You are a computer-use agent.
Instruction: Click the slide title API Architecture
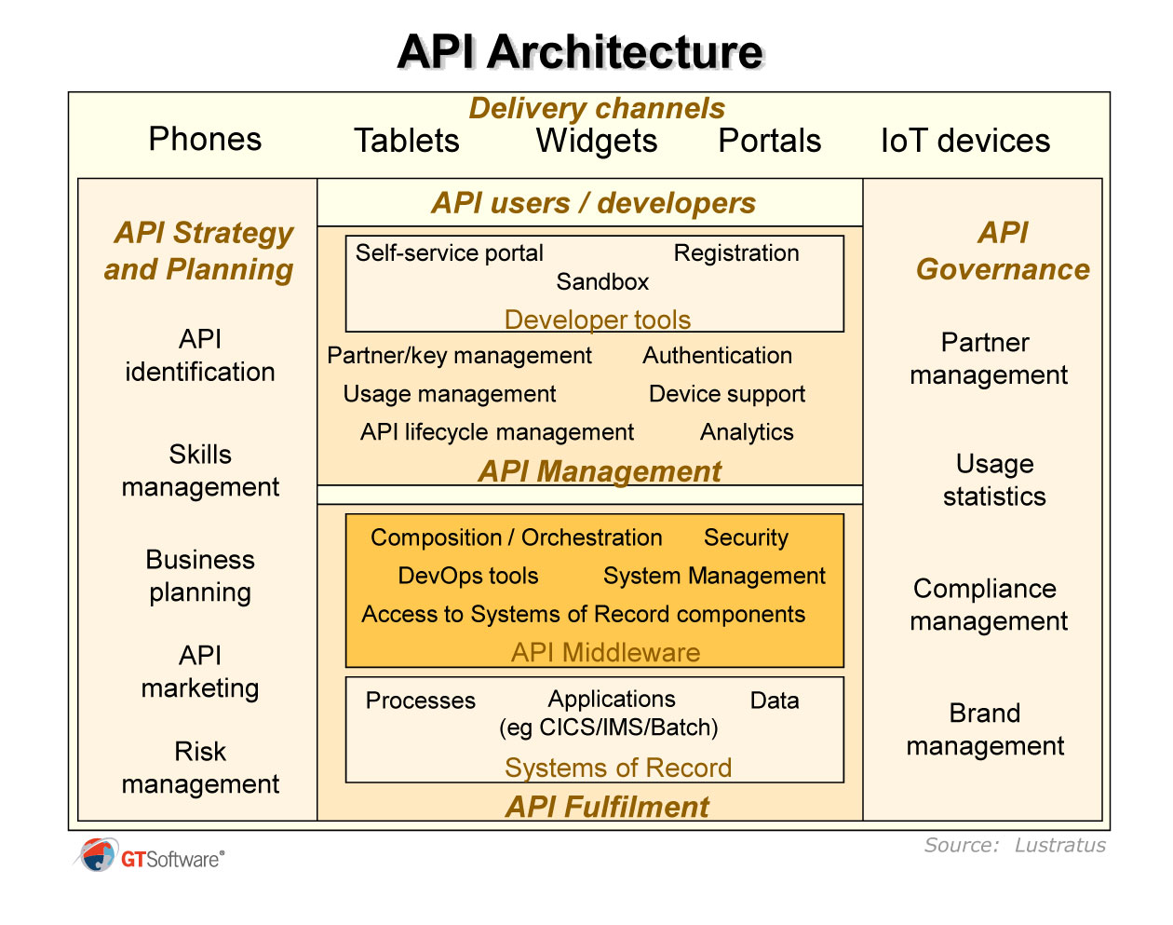point(579,52)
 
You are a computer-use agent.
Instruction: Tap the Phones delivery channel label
point(205,139)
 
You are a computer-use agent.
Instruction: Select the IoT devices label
point(964,141)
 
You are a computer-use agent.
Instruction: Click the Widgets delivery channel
point(596,141)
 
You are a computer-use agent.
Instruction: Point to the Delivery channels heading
point(596,108)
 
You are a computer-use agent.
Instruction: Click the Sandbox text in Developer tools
point(602,281)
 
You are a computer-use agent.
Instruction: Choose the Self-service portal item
point(449,253)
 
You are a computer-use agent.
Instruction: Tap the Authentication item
point(717,356)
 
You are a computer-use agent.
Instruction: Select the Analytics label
point(747,432)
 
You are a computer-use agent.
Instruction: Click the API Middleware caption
point(605,652)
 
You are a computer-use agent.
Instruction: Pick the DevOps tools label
point(467,576)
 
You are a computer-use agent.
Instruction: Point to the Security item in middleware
point(746,537)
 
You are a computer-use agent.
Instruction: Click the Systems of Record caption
point(617,768)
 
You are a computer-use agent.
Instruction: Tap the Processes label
point(420,701)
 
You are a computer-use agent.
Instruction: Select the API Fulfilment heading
point(607,807)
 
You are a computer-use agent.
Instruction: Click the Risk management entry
point(200,768)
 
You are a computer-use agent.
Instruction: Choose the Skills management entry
point(200,470)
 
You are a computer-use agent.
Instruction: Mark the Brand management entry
point(985,729)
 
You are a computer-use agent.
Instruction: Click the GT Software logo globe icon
point(97,855)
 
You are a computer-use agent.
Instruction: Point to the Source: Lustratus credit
point(1015,845)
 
